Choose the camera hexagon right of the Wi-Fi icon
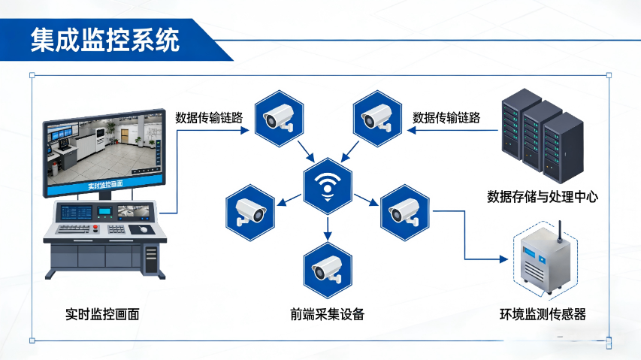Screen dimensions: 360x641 [404, 210]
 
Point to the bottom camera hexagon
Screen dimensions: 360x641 [328, 267]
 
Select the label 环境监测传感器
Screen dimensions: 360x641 [543, 314]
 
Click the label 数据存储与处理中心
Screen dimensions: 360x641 [543, 197]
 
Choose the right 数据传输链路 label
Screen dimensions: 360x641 [446, 117]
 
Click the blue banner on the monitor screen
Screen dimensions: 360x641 [105, 183]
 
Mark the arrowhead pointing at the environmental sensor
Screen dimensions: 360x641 [504, 259]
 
